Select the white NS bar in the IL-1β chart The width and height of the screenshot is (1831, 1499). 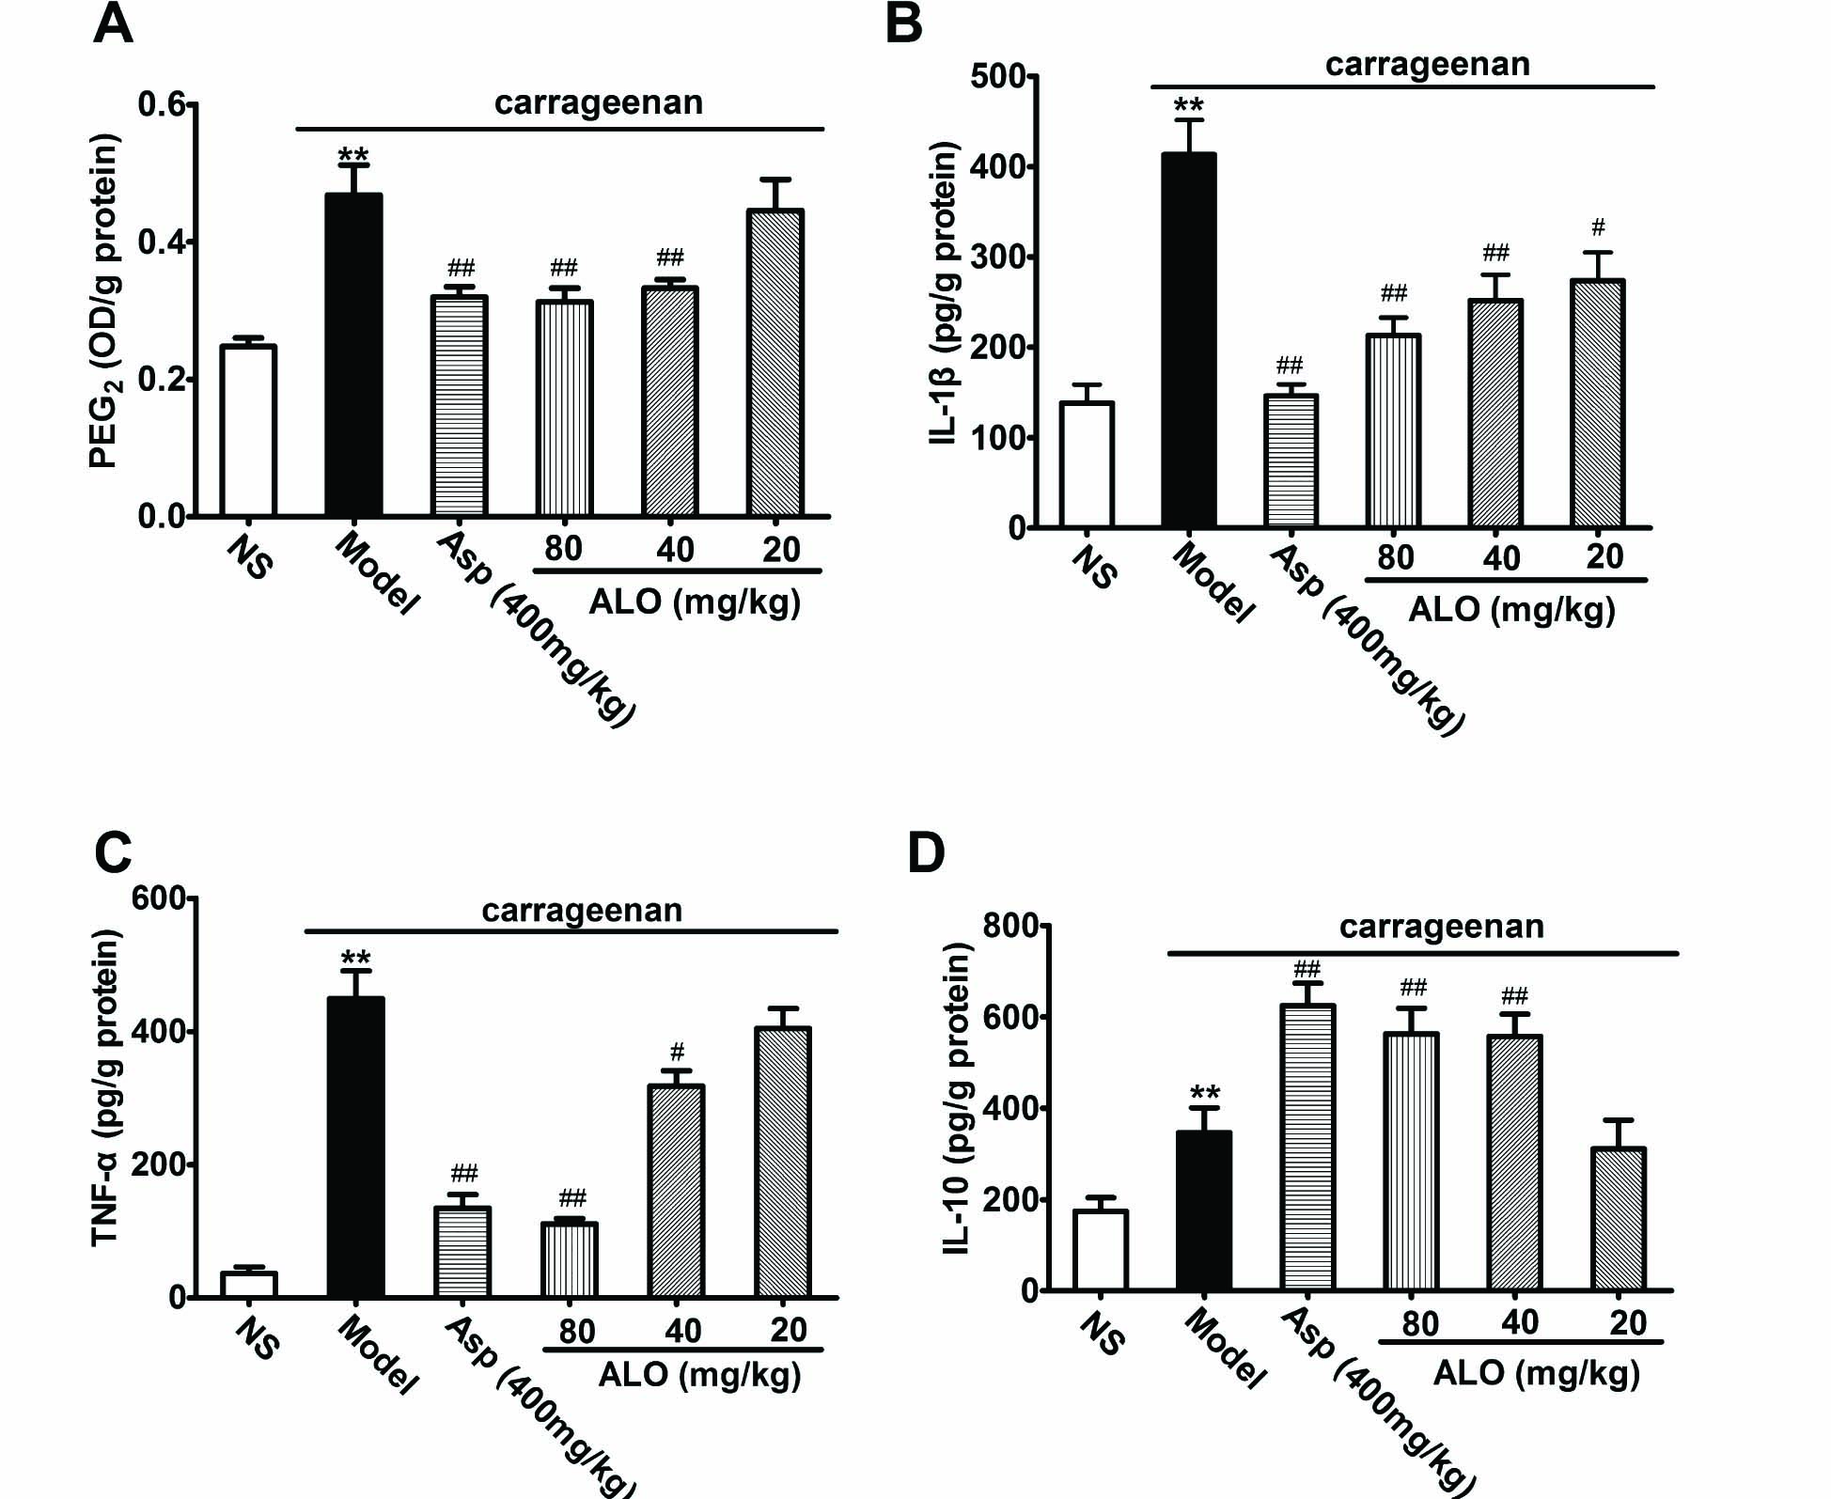[1087, 464]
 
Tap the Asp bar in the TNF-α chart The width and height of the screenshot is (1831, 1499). [462, 1252]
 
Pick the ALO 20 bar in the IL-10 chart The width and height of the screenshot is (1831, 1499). [1618, 1219]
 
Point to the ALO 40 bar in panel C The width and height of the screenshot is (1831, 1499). [675, 1191]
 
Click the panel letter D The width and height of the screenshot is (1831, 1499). [926, 852]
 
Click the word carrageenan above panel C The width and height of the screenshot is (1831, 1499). [582, 911]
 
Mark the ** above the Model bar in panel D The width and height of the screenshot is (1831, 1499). [1204, 1092]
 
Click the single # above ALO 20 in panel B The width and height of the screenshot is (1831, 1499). [1598, 226]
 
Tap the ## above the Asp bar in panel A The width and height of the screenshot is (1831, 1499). [460, 267]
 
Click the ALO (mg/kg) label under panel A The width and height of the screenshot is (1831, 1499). [695, 601]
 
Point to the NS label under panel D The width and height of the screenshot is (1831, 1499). [1101, 1335]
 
